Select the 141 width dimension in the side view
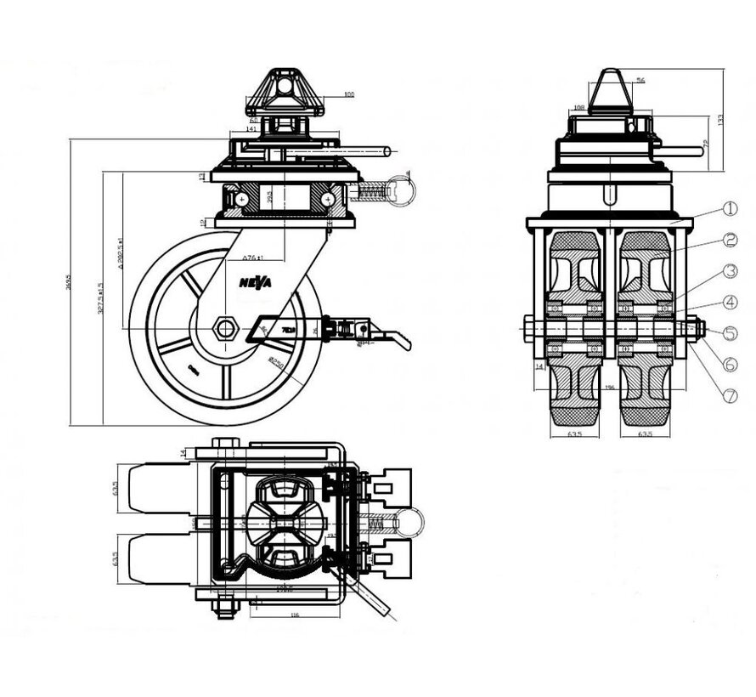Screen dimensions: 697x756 (x=251, y=128)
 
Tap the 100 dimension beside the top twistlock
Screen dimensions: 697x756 (x=349, y=95)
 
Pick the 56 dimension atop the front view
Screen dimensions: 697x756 (x=640, y=80)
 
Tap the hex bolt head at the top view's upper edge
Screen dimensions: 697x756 (x=223, y=442)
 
